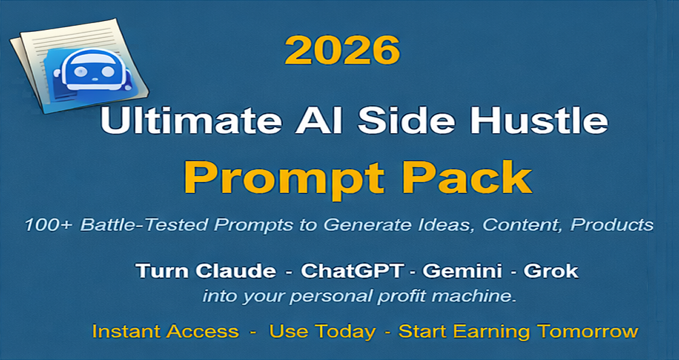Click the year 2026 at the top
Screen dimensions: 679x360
[342, 50]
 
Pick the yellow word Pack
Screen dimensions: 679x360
[467, 177]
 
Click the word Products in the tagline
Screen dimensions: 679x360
[612, 224]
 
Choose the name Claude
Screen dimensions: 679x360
[237, 271]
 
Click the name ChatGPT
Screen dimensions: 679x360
[352, 271]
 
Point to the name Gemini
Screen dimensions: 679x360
[462, 271]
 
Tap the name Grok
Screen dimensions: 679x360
[551, 271]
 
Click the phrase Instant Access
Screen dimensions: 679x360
[166, 331]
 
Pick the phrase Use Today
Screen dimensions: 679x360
[323, 332]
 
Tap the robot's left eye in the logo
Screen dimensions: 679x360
[81, 71]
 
